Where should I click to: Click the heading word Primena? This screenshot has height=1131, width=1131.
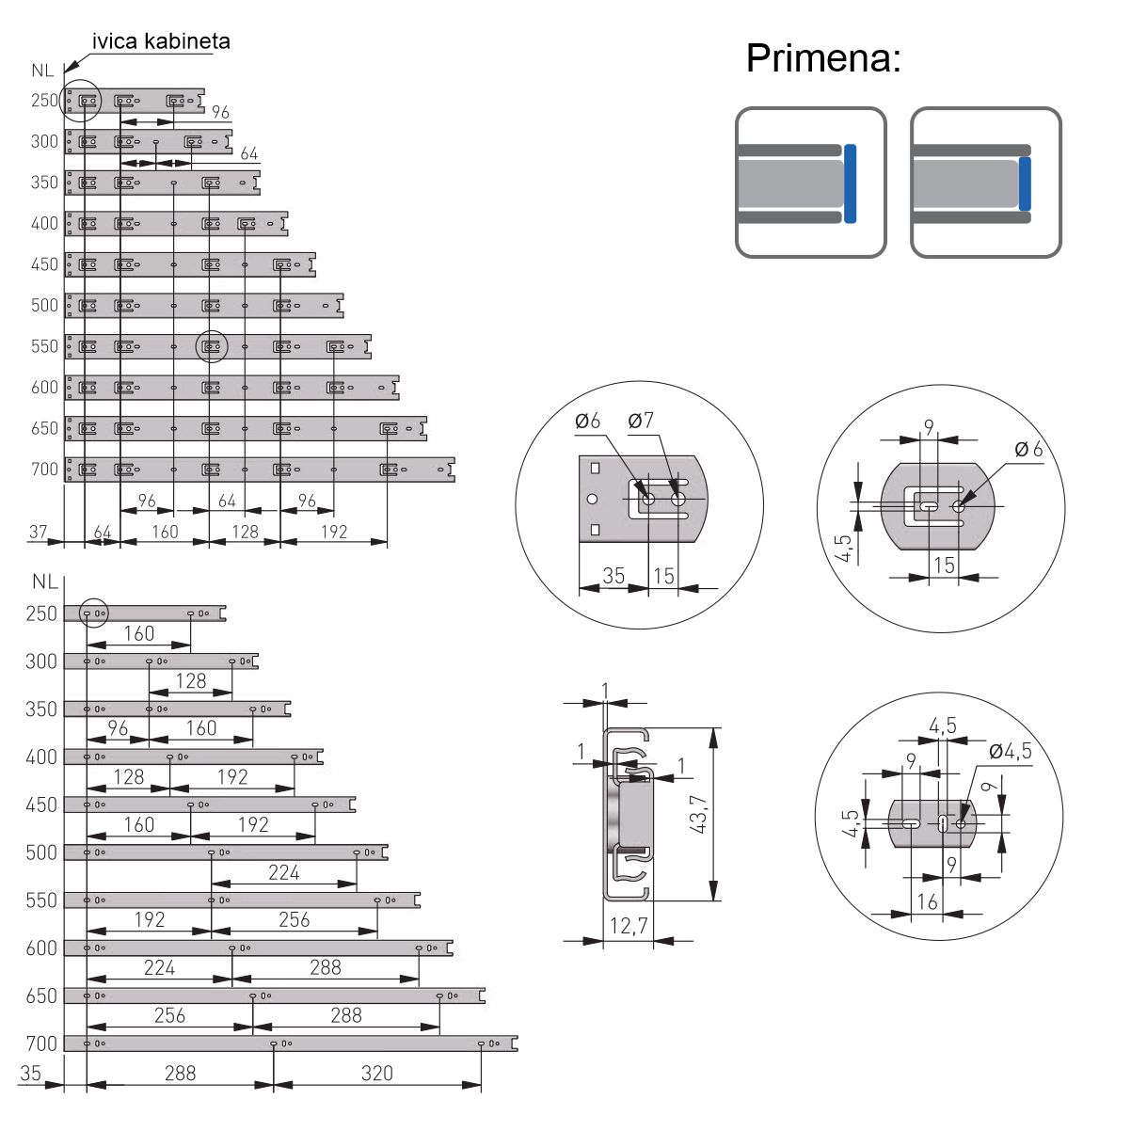click(x=823, y=58)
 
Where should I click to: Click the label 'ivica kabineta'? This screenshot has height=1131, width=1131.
click(x=161, y=41)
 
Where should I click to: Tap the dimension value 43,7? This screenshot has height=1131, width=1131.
click(x=698, y=814)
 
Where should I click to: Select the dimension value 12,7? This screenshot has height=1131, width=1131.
click(x=628, y=926)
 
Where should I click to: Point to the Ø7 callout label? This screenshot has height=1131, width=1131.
click(x=641, y=421)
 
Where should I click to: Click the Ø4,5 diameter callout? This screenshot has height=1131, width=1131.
click(x=1011, y=751)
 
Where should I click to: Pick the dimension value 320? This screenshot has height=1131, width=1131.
click(x=376, y=1073)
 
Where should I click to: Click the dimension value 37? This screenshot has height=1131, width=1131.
click(x=39, y=532)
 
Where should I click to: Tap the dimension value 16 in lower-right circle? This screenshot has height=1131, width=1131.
click(x=928, y=901)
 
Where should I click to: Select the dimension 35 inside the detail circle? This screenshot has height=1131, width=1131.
click(x=613, y=576)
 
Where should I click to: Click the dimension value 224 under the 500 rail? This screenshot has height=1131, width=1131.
click(x=284, y=872)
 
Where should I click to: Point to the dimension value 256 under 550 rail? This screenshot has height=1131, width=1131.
click(x=295, y=919)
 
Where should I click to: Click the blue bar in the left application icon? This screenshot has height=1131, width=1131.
click(x=850, y=183)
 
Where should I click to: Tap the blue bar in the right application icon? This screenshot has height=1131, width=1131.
click(x=1025, y=183)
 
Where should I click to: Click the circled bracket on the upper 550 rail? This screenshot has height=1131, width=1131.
click(x=212, y=347)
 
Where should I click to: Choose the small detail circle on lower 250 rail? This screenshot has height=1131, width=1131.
click(x=94, y=613)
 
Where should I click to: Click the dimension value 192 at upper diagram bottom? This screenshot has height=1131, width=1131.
click(x=334, y=532)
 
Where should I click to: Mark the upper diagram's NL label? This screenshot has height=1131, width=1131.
click(x=42, y=71)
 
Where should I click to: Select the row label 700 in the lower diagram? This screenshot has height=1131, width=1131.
click(x=41, y=1043)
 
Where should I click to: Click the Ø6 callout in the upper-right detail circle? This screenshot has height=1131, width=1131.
click(x=1028, y=449)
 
